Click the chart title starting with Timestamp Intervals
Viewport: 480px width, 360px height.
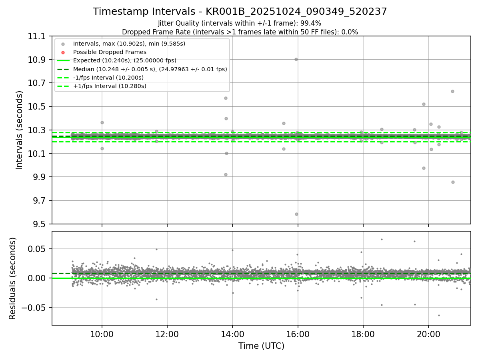(240, 12)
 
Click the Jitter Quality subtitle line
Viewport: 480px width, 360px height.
(240, 23)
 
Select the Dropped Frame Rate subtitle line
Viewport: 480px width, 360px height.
(240, 32)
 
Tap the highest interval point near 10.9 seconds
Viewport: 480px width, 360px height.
(296, 59)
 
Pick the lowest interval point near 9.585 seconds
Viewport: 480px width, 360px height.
(296, 214)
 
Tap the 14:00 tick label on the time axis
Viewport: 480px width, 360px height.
(232, 334)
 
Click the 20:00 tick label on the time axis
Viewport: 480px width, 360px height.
(428, 334)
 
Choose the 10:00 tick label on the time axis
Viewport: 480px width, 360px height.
(102, 334)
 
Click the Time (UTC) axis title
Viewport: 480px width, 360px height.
(261, 346)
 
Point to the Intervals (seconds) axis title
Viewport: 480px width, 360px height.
(20, 130)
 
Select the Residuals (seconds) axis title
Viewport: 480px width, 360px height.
(13, 278)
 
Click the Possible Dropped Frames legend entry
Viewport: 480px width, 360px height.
(110, 52)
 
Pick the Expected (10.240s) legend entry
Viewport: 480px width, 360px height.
(124, 61)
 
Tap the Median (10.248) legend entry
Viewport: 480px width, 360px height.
(150, 69)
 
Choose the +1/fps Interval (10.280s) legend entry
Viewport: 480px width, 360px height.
(109, 86)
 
